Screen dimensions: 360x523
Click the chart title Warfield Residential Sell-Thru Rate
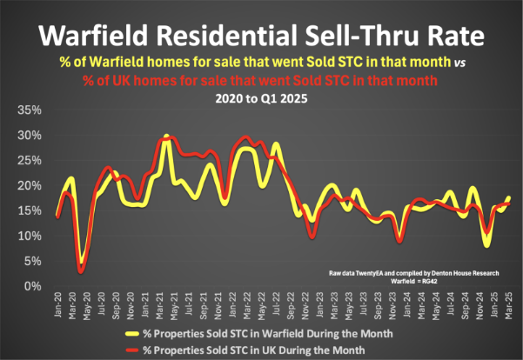pyautogui.click(x=261, y=37)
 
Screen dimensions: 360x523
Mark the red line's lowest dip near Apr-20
pyautogui.click(x=80, y=271)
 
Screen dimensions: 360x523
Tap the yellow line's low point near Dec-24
pyautogui.click(x=487, y=245)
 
